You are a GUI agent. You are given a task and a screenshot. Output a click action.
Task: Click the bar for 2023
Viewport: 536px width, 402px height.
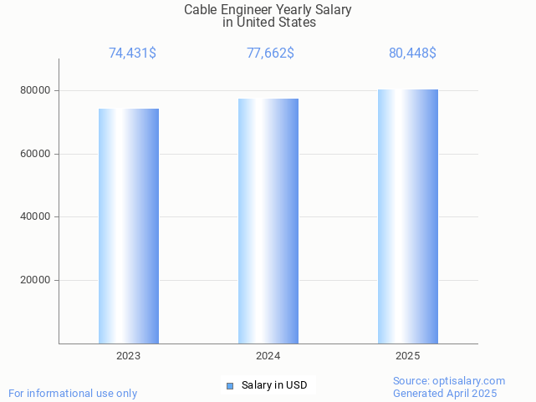coord(129,226)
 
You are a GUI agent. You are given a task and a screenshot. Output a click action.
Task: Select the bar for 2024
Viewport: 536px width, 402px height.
coord(268,221)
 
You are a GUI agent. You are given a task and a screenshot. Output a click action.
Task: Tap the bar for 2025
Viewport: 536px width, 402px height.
coord(408,216)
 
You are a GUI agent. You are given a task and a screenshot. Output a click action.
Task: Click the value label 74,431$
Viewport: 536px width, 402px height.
coord(132,53)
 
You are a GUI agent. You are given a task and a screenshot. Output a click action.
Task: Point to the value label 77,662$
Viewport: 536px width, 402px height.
coord(270,53)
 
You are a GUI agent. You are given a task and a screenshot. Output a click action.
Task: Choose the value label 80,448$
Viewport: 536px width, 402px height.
coord(412,53)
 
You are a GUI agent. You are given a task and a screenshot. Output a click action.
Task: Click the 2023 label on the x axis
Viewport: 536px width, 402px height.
coord(129,356)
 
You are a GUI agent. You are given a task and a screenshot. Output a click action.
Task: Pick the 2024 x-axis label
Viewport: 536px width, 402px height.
coord(268,356)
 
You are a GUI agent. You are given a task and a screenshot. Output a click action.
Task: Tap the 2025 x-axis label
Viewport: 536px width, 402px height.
coord(408,356)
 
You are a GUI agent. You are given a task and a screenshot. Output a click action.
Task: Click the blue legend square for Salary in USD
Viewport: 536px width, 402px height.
coord(230,385)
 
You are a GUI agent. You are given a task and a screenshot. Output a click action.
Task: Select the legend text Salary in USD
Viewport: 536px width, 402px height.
coord(274,385)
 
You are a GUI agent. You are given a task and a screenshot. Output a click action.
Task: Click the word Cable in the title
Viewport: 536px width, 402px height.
coord(201,10)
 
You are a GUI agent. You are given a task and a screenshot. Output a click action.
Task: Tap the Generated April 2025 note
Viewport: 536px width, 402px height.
coord(445,394)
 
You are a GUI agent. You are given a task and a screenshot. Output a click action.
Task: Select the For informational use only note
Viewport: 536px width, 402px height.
coord(73,394)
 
